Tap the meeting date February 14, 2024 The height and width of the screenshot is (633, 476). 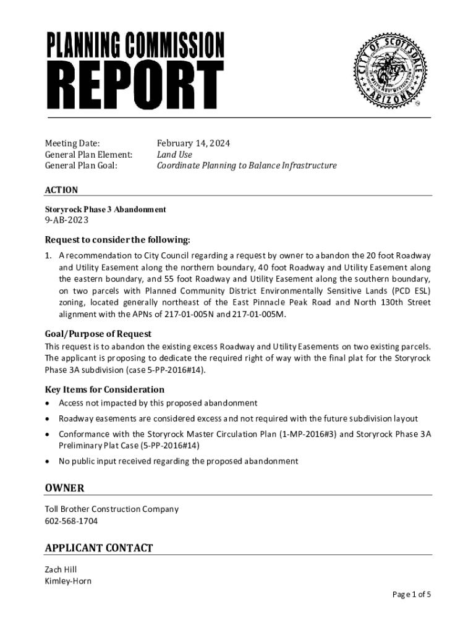point(193,143)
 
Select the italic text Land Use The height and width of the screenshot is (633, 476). point(174,155)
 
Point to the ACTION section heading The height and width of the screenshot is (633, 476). point(61,190)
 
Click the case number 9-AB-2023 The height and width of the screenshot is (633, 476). point(67,220)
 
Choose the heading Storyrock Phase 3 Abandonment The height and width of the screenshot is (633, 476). point(105,210)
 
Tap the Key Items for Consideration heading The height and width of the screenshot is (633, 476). point(104,389)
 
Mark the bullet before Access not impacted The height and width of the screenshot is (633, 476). point(48,404)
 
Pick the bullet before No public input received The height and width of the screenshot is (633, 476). point(48,461)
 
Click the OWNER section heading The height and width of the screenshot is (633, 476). point(64,488)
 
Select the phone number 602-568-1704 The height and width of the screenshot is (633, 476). point(71,521)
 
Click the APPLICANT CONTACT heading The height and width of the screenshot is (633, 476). point(98,548)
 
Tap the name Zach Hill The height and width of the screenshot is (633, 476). point(61,569)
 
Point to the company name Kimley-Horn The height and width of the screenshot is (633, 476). point(68,581)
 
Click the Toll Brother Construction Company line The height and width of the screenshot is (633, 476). point(111,509)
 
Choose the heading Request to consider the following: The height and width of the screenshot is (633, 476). point(117,240)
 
